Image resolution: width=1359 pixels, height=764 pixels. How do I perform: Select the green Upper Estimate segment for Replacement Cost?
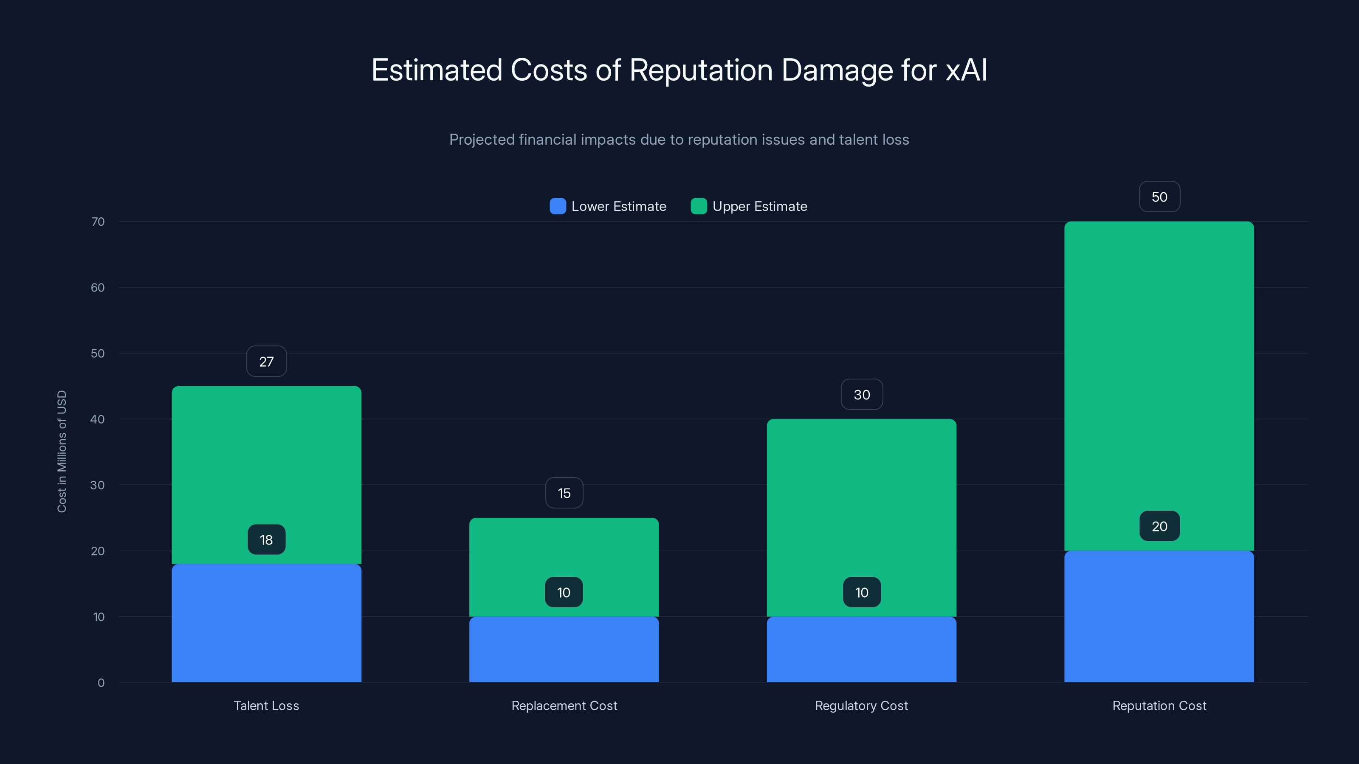point(564,548)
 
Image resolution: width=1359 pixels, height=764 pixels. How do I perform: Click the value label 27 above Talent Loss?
point(266,362)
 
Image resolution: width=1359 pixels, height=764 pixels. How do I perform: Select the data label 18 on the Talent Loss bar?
point(266,540)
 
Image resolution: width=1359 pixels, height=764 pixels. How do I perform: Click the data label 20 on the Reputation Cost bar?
point(1159,526)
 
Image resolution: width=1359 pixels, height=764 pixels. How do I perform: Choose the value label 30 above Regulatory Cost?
point(862,395)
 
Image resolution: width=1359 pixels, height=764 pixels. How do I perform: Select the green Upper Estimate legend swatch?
point(699,207)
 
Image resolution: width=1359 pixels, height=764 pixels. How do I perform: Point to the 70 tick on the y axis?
point(98,222)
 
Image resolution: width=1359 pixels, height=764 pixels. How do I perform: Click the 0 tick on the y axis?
point(101,683)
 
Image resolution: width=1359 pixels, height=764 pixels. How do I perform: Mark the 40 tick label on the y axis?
point(98,420)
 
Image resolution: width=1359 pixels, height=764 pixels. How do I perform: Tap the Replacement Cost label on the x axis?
point(564,706)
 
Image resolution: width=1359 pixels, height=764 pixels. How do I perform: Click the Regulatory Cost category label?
point(862,706)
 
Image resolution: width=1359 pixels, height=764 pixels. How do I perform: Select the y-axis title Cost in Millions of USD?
point(62,451)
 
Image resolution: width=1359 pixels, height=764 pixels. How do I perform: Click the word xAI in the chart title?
point(966,70)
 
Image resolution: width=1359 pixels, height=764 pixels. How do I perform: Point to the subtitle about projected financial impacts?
point(679,140)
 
